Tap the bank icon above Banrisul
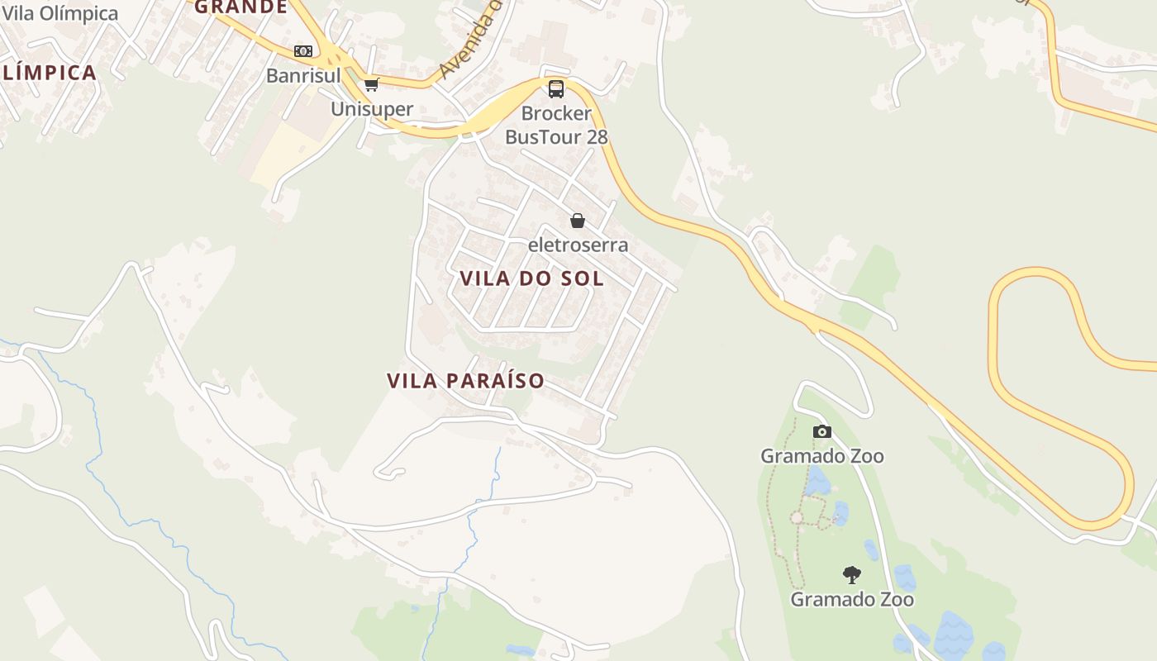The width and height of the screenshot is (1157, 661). (303, 51)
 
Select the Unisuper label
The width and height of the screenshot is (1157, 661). (372, 109)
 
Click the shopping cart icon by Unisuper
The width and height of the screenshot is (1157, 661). (372, 84)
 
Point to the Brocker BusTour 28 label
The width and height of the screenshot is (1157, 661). (556, 125)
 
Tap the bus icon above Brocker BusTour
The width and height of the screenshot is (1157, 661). (556, 88)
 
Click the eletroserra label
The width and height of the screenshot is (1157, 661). (578, 245)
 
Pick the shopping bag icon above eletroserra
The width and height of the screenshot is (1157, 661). (578, 221)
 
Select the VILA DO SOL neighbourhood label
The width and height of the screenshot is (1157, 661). (531, 278)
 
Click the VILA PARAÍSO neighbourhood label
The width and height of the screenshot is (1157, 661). (466, 381)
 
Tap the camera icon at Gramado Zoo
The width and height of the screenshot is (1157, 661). (821, 431)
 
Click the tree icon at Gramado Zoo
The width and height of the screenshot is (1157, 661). (852, 574)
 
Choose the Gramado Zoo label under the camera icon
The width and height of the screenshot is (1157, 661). (821, 456)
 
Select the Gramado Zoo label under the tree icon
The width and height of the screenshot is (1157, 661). (852, 599)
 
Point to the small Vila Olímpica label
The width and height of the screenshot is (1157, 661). (60, 13)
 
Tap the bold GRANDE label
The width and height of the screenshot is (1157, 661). (240, 7)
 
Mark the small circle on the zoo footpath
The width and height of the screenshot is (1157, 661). (797, 517)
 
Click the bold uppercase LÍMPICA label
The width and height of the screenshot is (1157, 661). (50, 73)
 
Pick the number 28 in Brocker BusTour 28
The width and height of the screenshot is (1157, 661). (597, 136)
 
